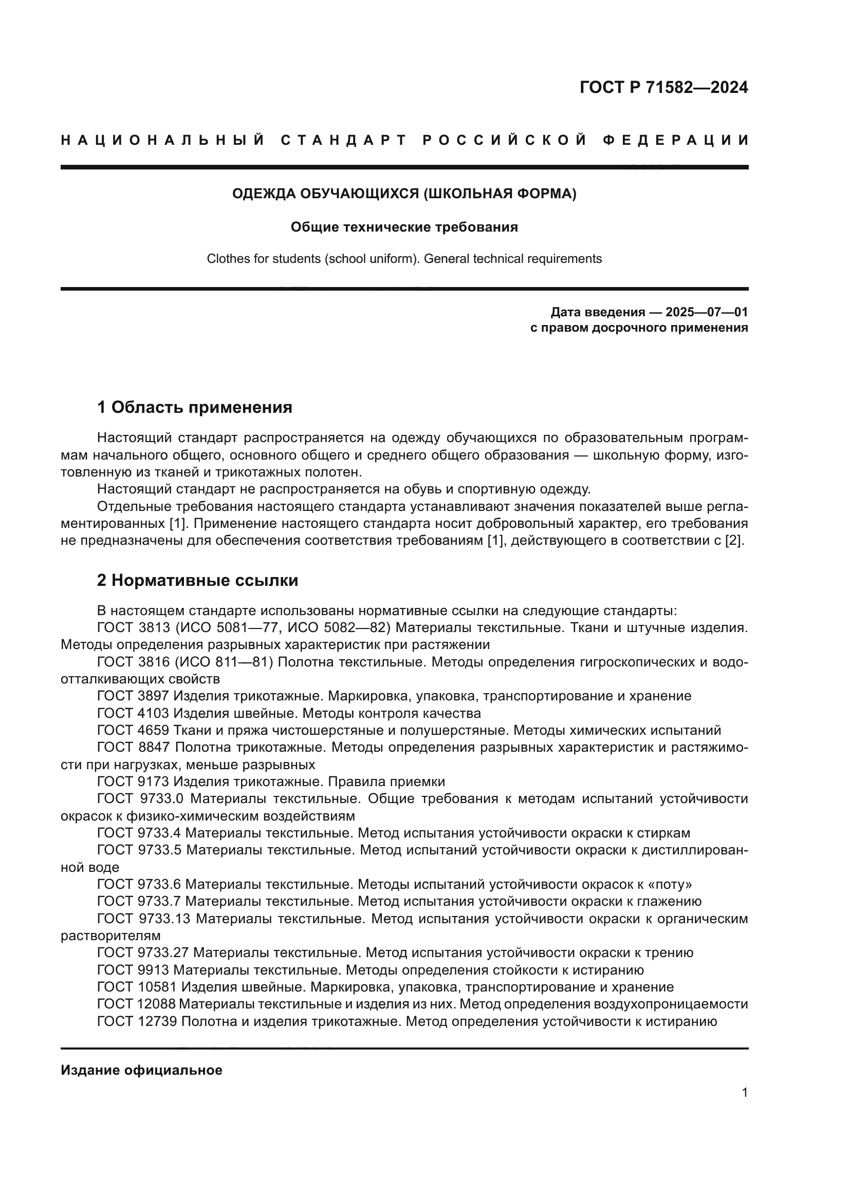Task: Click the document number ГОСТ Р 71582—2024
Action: (x=663, y=87)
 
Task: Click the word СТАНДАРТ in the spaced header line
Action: (x=344, y=140)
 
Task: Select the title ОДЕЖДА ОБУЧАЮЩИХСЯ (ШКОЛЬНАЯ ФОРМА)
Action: (x=404, y=194)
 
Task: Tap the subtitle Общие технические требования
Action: (x=404, y=227)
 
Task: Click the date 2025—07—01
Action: (x=706, y=312)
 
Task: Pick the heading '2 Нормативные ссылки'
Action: (x=198, y=580)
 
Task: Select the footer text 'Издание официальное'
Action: (x=141, y=1070)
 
